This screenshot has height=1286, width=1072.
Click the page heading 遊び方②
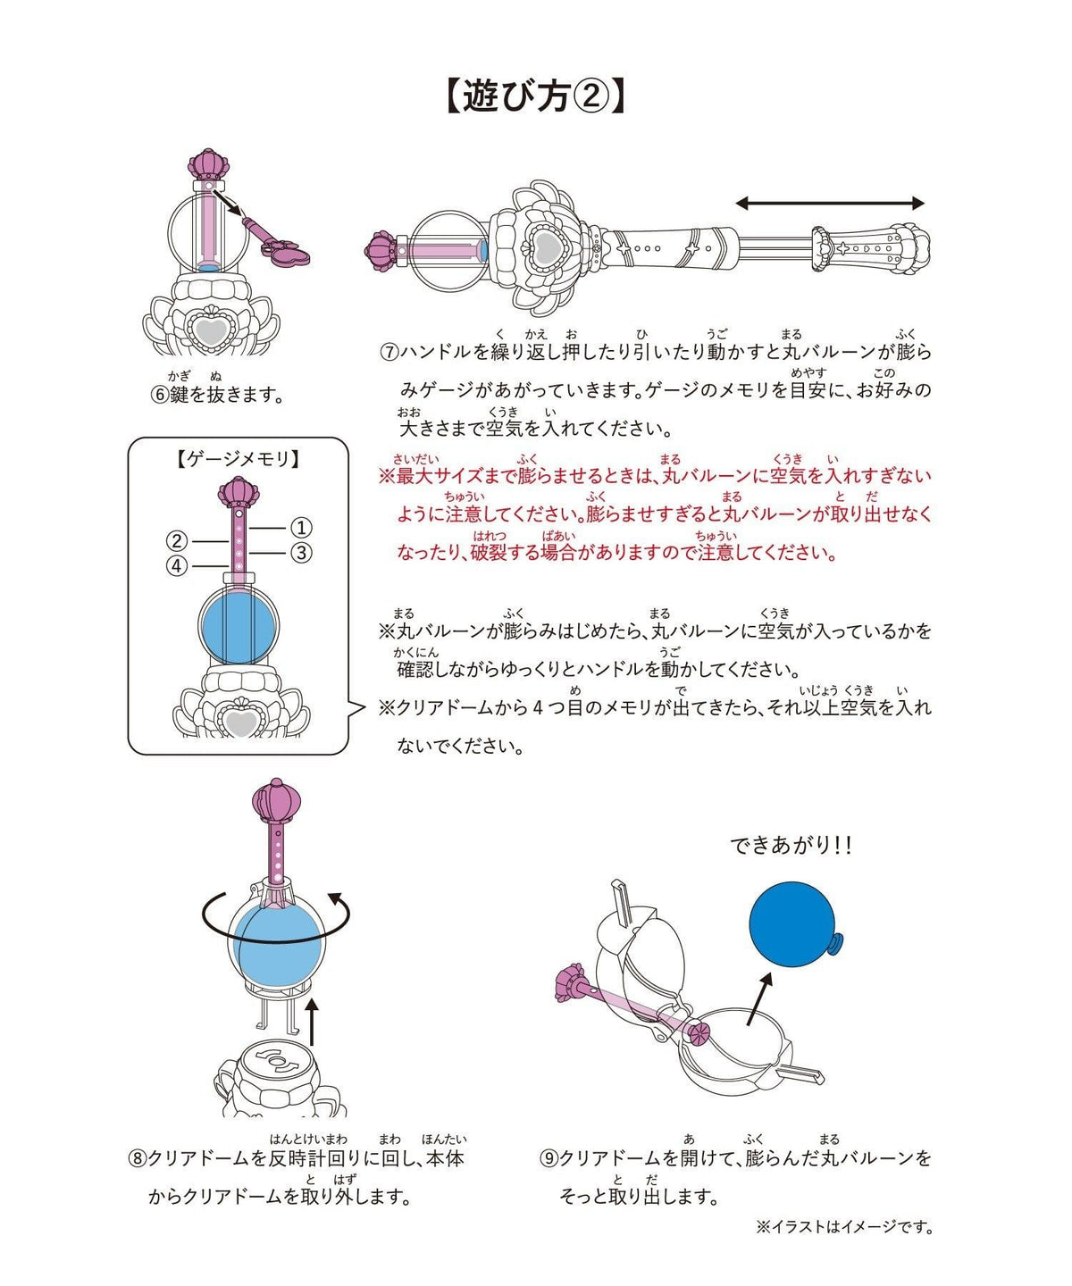click(x=535, y=96)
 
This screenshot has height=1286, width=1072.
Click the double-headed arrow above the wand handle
click(x=830, y=204)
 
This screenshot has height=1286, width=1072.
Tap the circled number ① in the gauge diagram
click(x=301, y=528)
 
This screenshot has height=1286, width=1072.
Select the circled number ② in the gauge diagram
click(x=177, y=541)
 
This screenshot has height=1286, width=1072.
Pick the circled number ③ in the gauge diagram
click(x=301, y=553)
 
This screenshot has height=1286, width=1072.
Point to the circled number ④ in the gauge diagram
click(x=177, y=565)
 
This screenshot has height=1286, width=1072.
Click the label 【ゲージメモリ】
click(x=238, y=459)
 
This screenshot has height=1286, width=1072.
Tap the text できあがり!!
click(x=791, y=846)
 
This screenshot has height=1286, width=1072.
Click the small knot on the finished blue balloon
click(x=834, y=943)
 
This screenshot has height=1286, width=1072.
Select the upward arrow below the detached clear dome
click(x=313, y=1023)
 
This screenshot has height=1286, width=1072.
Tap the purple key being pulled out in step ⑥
click(x=275, y=240)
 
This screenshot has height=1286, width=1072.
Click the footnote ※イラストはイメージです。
click(x=844, y=1227)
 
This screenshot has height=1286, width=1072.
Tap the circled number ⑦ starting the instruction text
click(x=389, y=352)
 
